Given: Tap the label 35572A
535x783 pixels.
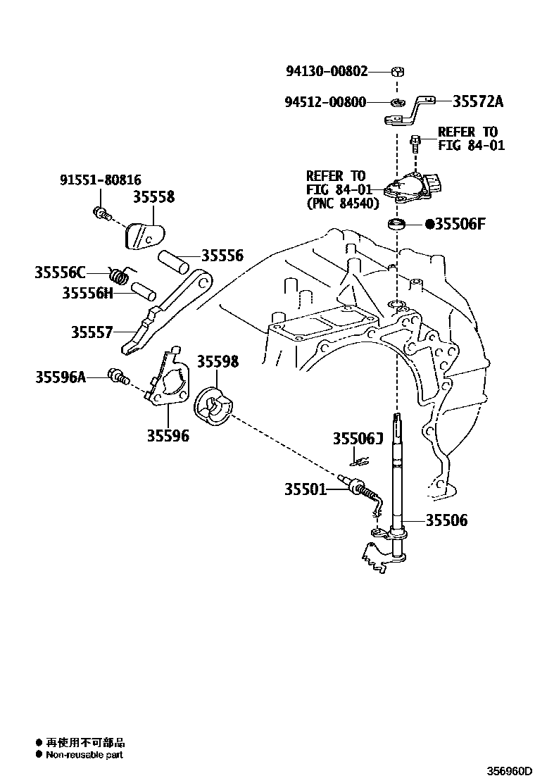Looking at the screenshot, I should click(478, 101).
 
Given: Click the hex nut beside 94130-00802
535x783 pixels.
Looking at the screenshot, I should click(396, 71).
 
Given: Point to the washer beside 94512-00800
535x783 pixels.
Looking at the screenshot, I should click(397, 103).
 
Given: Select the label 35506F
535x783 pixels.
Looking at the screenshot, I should click(460, 225).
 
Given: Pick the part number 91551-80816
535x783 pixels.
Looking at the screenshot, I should click(99, 180).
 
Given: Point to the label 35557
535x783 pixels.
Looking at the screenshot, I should click(92, 332).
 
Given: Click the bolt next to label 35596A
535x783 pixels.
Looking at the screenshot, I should click(117, 377).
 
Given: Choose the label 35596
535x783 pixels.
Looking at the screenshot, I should click(168, 436).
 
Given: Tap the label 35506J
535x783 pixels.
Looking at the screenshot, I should click(358, 439).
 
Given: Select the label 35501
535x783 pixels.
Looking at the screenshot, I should click(306, 489).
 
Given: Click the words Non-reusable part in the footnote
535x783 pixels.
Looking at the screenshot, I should click(84, 755).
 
